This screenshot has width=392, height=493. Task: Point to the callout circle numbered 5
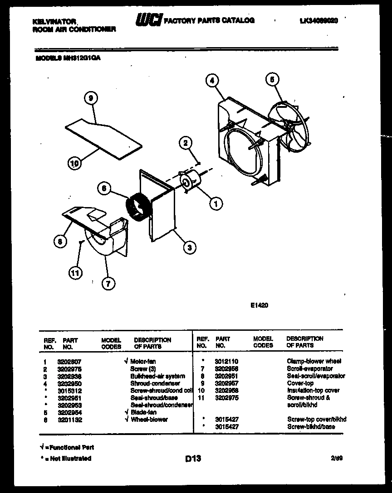coord(271,80)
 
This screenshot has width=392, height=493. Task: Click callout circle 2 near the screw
coord(185,143)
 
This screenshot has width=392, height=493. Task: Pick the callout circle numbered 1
coord(216,204)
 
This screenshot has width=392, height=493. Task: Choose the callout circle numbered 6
coord(104,189)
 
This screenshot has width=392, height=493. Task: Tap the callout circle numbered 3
coord(190,247)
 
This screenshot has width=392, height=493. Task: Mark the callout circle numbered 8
coord(59,242)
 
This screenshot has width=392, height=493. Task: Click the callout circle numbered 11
coord(75,273)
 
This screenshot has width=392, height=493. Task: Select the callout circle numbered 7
coord(108,284)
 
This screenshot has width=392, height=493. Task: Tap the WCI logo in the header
coord(148,20)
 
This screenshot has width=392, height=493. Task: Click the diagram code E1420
coord(259,305)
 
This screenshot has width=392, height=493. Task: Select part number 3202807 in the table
coord(69,362)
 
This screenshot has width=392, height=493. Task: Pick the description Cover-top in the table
coord(300,383)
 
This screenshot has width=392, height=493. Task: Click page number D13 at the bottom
coord(193,459)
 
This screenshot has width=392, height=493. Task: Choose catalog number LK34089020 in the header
coord(319,20)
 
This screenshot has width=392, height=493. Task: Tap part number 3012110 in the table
coord(227,362)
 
